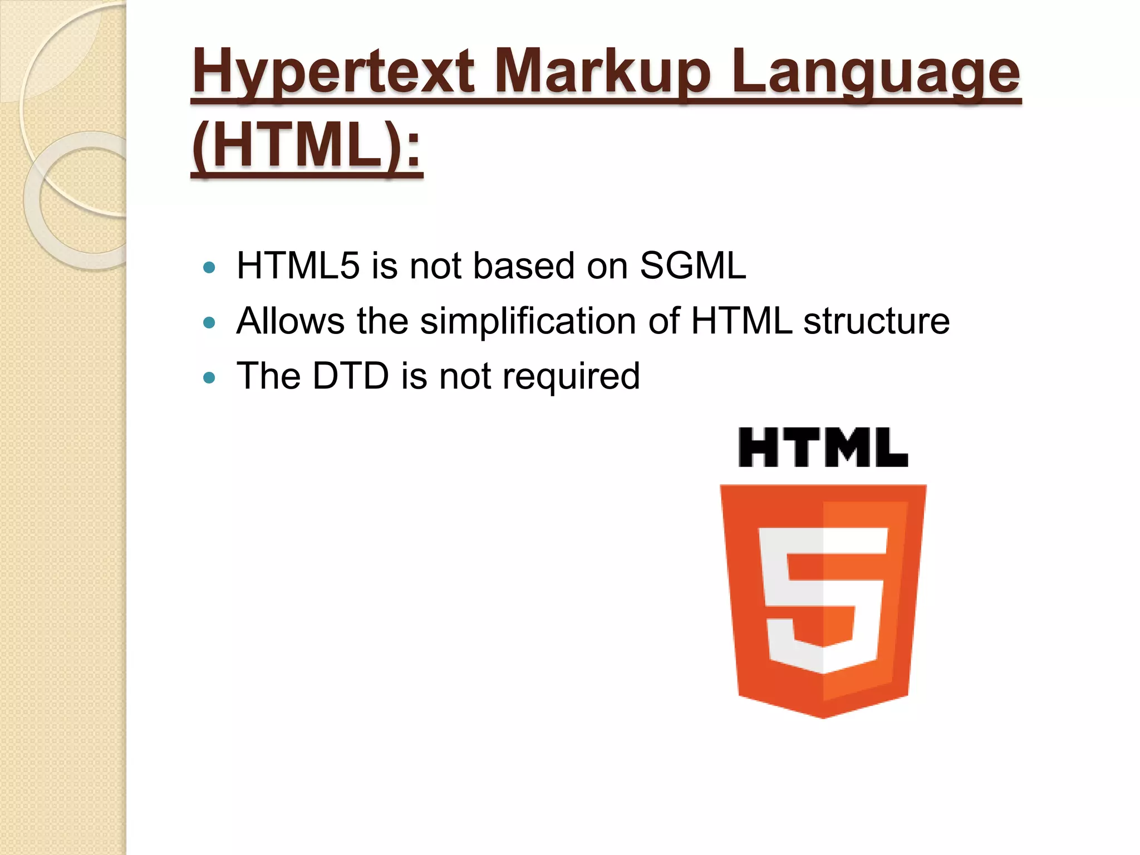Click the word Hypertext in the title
(332, 72)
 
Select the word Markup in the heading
(602, 72)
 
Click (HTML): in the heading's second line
(307, 146)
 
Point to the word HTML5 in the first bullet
(298, 266)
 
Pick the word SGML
(692, 266)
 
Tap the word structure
(876, 321)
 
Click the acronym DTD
(350, 376)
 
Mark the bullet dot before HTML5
(209, 268)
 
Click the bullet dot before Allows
(209, 323)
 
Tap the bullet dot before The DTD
(209, 378)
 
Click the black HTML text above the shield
(823, 447)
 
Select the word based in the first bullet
(523, 266)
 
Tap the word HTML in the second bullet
(741, 321)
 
